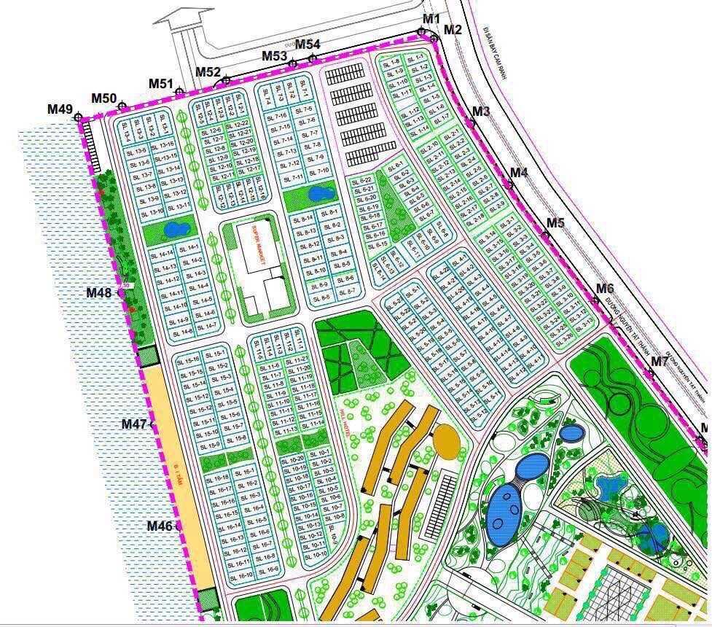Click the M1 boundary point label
pyautogui.click(x=431, y=18)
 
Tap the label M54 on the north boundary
pyautogui.click(x=308, y=45)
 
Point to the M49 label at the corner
pyautogui.click(x=60, y=109)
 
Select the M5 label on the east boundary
pyautogui.click(x=555, y=223)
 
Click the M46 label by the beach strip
pyautogui.click(x=160, y=526)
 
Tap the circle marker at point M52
pyautogui.click(x=227, y=80)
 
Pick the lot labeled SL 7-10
pyautogui.click(x=318, y=171)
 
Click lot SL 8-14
pyautogui.click(x=305, y=217)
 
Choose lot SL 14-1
pyautogui.click(x=192, y=248)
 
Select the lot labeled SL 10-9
pyautogui.click(x=334, y=540)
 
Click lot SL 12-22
pyautogui.click(x=243, y=123)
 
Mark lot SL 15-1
pyautogui.click(x=216, y=354)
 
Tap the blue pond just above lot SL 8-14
pyautogui.click(x=318, y=193)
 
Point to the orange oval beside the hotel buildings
pyautogui.click(x=446, y=440)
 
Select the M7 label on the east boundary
pyautogui.click(x=660, y=361)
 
